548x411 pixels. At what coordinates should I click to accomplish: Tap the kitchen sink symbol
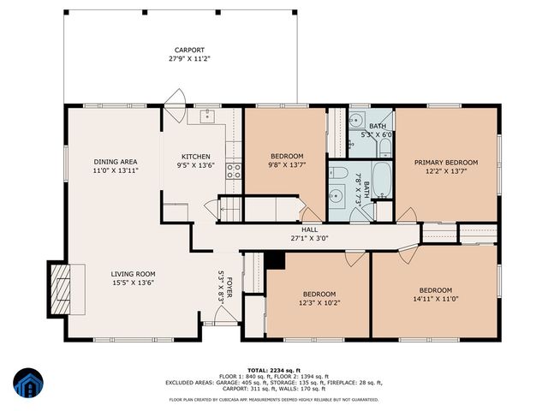208,117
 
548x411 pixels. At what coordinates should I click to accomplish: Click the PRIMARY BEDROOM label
445,162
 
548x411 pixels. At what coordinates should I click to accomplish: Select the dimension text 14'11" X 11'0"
435,300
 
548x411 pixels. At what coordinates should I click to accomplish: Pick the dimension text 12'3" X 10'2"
319,302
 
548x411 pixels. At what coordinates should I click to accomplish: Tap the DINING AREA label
116,162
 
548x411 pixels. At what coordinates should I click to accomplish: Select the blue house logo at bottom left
28,383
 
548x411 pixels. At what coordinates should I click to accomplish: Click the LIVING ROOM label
132,273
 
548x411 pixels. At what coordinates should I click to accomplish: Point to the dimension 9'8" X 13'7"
284,165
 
